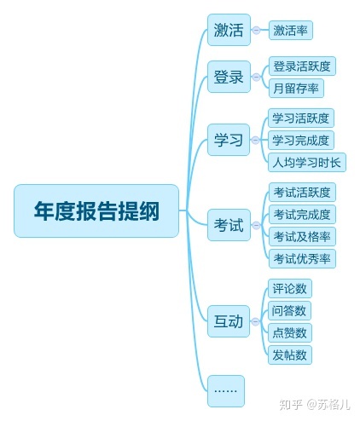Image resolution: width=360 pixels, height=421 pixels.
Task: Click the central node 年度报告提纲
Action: click(x=96, y=210)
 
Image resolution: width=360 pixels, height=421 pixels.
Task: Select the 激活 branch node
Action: click(x=229, y=30)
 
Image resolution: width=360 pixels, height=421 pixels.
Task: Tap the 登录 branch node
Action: click(x=229, y=77)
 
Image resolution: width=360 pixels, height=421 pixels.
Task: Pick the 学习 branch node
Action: click(x=229, y=140)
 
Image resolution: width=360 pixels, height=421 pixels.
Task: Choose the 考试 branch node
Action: click(x=229, y=225)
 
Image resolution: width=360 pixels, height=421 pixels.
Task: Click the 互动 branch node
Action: click(x=229, y=321)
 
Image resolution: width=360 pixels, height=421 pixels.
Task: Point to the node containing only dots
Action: click(x=226, y=391)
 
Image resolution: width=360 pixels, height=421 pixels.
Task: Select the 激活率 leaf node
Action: click(x=291, y=30)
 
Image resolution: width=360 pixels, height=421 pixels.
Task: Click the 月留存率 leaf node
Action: click(x=296, y=89)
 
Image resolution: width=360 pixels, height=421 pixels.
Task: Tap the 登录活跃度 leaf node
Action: click(x=302, y=66)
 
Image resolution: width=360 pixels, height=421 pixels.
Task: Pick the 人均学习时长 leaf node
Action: click(x=307, y=163)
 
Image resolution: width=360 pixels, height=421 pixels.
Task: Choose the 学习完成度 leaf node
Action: click(x=301, y=141)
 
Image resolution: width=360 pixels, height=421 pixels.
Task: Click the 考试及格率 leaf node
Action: click(x=302, y=236)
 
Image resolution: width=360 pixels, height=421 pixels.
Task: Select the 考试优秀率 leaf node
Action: click(x=302, y=258)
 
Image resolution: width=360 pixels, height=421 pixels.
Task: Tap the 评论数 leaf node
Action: click(x=290, y=288)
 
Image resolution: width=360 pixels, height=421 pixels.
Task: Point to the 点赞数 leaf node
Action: click(x=290, y=332)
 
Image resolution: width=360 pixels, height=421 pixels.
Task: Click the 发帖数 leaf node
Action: click(x=290, y=355)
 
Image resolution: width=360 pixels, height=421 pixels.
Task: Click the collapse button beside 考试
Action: click(x=256, y=225)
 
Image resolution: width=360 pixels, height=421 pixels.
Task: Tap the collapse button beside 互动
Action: click(x=256, y=321)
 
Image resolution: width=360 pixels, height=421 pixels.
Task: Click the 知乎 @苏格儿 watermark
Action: click(x=315, y=404)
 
